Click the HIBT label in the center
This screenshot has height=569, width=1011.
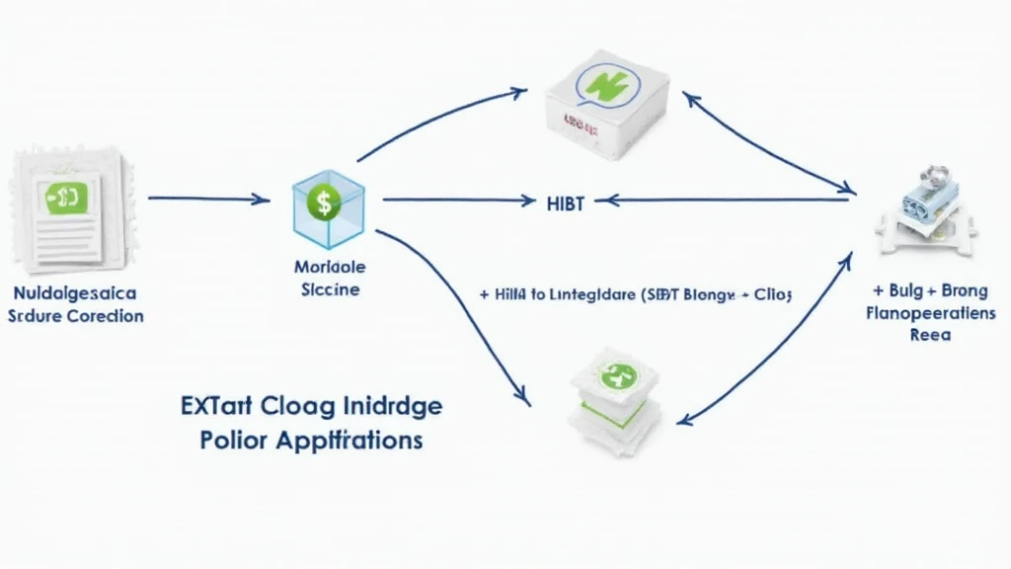tap(566, 203)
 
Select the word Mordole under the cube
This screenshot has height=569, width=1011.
tap(330, 267)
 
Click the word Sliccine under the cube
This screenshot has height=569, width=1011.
tap(330, 290)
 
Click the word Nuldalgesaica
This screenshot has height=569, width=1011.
tap(76, 293)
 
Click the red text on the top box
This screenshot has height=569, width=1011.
tap(583, 121)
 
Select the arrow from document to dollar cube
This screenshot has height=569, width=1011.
tap(208, 199)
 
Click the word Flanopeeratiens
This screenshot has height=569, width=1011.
tap(930, 313)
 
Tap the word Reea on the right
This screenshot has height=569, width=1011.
tap(930, 335)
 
